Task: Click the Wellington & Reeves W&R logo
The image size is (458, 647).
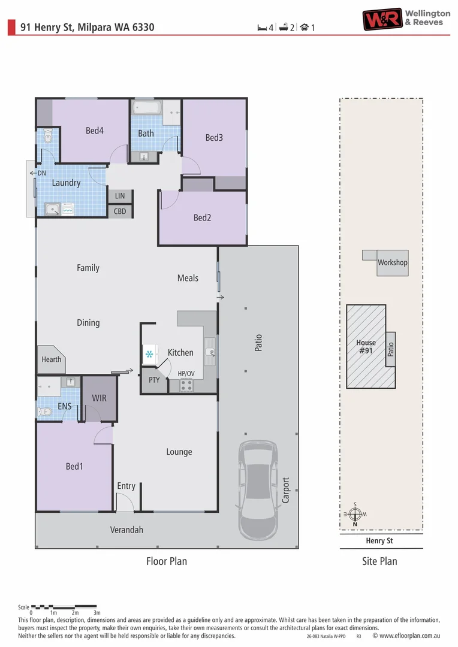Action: click(x=382, y=19)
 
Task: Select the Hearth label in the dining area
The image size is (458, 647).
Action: click(x=52, y=359)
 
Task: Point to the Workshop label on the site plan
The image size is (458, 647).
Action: click(x=392, y=263)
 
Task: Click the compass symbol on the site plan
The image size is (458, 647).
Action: click(x=355, y=514)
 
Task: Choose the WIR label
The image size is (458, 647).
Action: click(x=99, y=398)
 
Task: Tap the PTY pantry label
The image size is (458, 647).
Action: click(x=154, y=380)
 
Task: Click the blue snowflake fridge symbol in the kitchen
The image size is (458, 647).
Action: click(x=149, y=355)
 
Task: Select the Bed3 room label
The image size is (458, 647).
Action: click(x=214, y=138)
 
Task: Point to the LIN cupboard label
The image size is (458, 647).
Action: click(x=120, y=196)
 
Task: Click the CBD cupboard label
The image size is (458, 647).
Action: click(x=120, y=211)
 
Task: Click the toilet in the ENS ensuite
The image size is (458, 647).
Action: click(x=45, y=412)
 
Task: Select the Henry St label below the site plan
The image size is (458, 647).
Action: click(x=379, y=541)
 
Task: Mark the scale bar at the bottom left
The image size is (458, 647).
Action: click(x=64, y=606)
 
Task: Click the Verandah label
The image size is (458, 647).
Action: click(x=126, y=530)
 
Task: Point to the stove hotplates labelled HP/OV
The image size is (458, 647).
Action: click(x=186, y=385)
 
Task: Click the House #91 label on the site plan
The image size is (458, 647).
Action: click(x=366, y=347)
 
